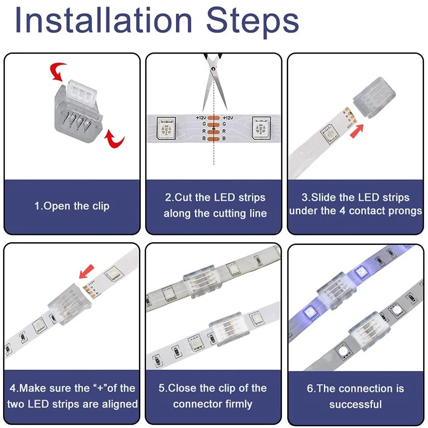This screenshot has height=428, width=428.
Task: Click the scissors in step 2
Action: click(214, 81)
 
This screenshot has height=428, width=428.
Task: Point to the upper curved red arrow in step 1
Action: click(56, 71)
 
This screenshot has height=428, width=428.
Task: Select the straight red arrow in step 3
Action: click(359, 129)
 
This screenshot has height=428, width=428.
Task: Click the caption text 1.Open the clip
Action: click(72, 206)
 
